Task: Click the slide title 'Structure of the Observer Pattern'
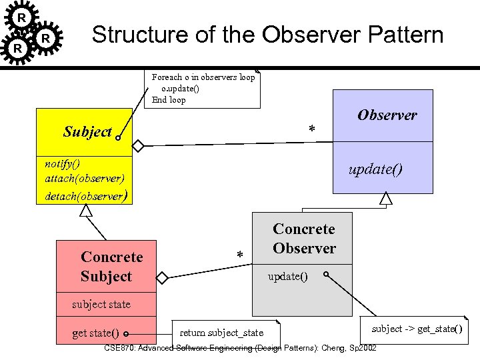click(x=267, y=35)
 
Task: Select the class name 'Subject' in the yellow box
click(x=87, y=131)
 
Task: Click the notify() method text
click(x=62, y=163)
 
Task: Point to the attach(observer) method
click(x=84, y=179)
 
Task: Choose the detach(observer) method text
click(x=85, y=195)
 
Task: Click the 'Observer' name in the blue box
click(x=387, y=115)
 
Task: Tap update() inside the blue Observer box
click(x=375, y=169)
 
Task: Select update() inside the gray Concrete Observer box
click(x=287, y=276)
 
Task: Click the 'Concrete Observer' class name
click(x=304, y=239)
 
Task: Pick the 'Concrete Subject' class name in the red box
click(x=111, y=267)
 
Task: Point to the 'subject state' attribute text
click(x=101, y=305)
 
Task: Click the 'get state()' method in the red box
click(x=95, y=333)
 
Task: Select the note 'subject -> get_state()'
click(x=416, y=329)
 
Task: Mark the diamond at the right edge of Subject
click(x=137, y=145)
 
